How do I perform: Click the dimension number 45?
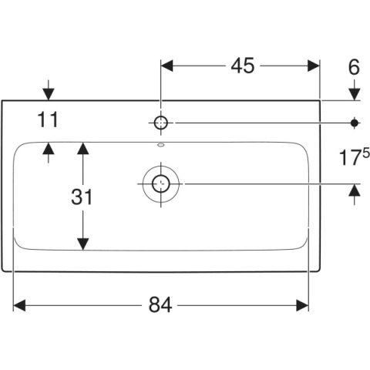pyautogui.click(x=243, y=66)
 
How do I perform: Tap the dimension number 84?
pyautogui.click(x=160, y=305)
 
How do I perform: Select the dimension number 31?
pyautogui.click(x=81, y=197)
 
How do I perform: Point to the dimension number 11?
pyautogui.click(x=48, y=119)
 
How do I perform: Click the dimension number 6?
pyautogui.click(x=354, y=67)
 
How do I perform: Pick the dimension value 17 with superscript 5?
pyautogui.click(x=355, y=156)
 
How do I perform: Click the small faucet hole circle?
pyautogui.click(x=161, y=123)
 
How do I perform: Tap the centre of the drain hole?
pyautogui.click(x=161, y=184)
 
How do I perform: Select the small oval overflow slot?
pyautogui.click(x=161, y=145)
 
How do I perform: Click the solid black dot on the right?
pyautogui.click(x=355, y=123)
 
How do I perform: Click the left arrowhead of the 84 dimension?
pyautogui.click(x=19, y=305)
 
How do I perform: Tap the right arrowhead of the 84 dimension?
pyautogui.click(x=302, y=305)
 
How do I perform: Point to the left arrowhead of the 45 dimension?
pyautogui.click(x=167, y=66)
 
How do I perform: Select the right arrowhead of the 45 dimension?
pyautogui.click(x=314, y=66)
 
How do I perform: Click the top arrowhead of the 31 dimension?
pyautogui.click(x=82, y=148)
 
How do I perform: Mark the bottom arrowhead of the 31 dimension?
pyautogui.click(x=82, y=244)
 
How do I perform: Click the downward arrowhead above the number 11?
pyautogui.click(x=49, y=94)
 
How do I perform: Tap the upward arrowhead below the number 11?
pyautogui.click(x=49, y=149)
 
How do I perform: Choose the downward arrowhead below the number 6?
pyautogui.click(x=355, y=94)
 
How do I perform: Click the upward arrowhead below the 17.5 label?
pyautogui.click(x=355, y=190)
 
